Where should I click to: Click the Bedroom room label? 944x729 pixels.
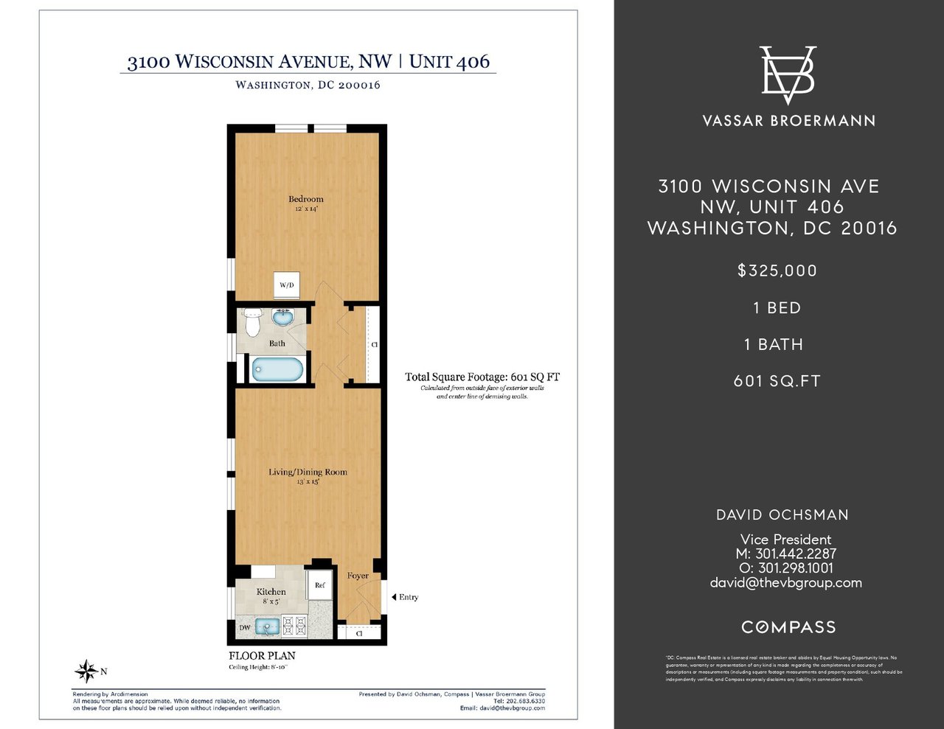coord(305,199)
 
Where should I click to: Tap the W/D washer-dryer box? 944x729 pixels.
coord(286,285)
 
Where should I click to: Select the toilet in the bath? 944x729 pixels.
coord(253,321)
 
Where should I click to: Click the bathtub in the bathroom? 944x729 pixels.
coord(277,369)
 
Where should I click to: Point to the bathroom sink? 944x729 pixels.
coord(283,318)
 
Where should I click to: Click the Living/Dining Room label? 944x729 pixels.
coord(308,472)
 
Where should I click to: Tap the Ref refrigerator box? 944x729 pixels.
coord(320,585)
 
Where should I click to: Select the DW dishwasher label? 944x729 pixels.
coord(245,628)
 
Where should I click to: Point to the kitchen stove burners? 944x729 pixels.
coord(295,627)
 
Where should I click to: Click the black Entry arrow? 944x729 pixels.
coord(394,597)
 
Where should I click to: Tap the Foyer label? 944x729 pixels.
coord(358,576)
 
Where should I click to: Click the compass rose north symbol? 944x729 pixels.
coord(86,671)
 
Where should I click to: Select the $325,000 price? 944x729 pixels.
coord(777,271)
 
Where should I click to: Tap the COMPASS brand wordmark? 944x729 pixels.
coord(788,627)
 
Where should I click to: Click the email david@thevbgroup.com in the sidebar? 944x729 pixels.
coord(785,582)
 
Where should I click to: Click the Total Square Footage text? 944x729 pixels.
coord(482,377)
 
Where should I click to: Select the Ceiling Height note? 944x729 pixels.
coord(258,668)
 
